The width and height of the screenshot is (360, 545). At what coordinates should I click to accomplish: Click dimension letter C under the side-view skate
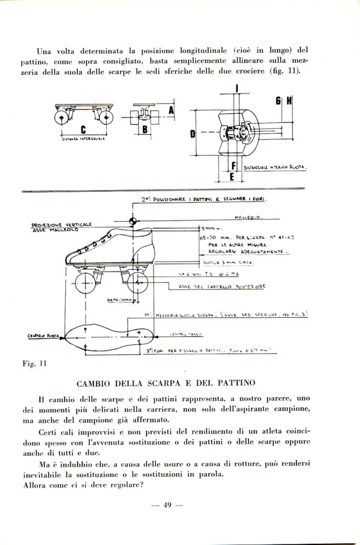click(83, 128)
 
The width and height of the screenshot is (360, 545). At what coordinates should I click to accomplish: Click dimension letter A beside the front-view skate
click(171, 110)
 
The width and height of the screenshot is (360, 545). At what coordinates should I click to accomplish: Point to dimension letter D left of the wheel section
click(192, 134)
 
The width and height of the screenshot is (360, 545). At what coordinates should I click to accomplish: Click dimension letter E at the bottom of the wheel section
click(231, 177)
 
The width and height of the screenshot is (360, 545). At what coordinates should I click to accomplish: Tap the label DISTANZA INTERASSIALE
click(83, 139)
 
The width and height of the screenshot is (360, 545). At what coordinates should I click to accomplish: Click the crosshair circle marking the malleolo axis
click(133, 218)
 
